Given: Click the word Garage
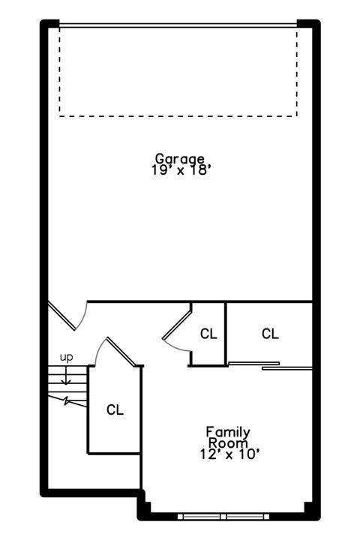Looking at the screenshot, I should [x=180, y=158].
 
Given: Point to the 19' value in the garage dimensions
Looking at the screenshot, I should [x=160, y=170].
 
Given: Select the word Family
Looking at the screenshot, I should [x=228, y=432].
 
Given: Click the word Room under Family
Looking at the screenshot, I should [x=228, y=442].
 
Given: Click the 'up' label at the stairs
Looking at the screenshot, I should [x=67, y=357].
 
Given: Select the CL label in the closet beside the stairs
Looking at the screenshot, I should [x=114, y=409].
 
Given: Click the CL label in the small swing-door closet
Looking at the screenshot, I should [x=208, y=334].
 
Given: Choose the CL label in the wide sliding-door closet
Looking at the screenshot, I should [x=270, y=334].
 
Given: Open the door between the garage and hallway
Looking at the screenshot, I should [x=61, y=316].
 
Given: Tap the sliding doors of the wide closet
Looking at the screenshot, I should [x=270, y=366].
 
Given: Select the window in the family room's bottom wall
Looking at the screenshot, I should [x=225, y=516].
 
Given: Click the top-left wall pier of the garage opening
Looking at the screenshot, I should [x=49, y=24].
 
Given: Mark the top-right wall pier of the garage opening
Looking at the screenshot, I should [x=308, y=24].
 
